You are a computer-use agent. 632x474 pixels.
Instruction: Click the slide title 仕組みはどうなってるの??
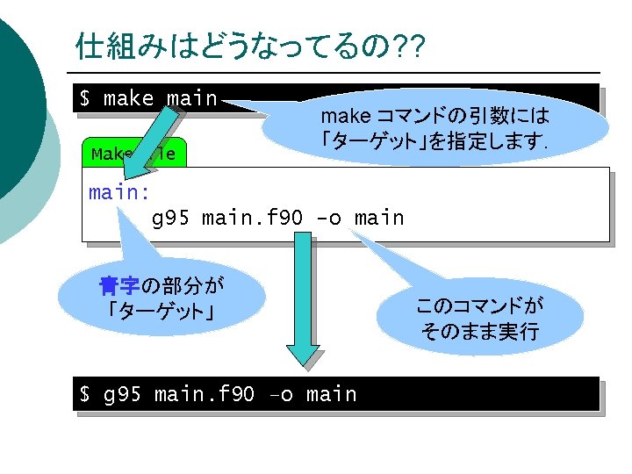pyautogui.click(x=250, y=46)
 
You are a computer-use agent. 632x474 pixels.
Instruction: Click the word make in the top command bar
pyautogui.click(x=127, y=98)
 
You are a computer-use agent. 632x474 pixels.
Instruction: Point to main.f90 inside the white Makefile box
pyautogui.click(x=255, y=218)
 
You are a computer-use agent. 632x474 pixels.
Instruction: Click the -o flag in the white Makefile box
pyautogui.click(x=330, y=218)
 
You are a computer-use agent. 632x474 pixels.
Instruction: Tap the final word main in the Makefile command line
pyautogui.click(x=378, y=218)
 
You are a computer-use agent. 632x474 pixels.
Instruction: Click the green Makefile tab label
pyautogui.click(x=133, y=154)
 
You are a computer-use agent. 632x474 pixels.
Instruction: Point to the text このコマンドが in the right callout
pyautogui.click(x=479, y=306)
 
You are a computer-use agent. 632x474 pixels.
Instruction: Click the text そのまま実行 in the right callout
pyautogui.click(x=479, y=333)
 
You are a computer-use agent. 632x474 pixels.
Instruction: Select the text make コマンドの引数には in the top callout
pyautogui.click(x=434, y=116)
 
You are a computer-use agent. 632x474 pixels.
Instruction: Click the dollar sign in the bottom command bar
pyautogui.click(x=85, y=395)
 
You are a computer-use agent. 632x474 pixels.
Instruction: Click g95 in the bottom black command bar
pyautogui.click(x=123, y=395)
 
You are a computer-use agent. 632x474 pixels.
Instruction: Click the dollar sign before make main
pyautogui.click(x=85, y=98)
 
